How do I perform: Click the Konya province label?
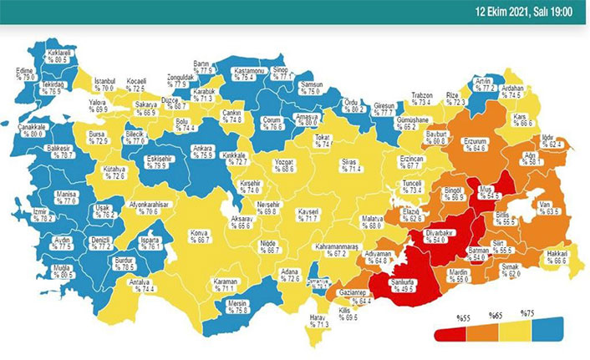click(198, 235)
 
